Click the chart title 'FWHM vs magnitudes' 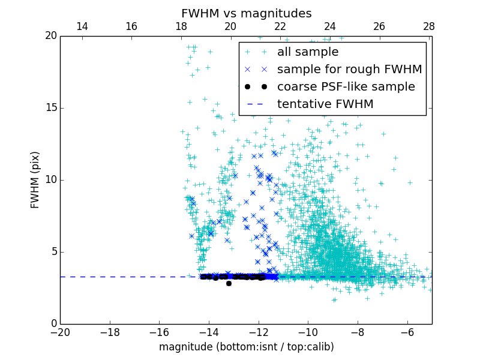(x=246, y=13)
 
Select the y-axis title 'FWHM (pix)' (x=35, y=179)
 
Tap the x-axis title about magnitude (x=246, y=347)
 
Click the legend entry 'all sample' (x=308, y=52)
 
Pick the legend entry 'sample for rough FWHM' (x=349, y=70)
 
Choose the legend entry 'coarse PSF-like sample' (x=346, y=87)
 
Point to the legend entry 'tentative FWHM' (x=325, y=104)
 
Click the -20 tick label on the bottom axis (x=60, y=332)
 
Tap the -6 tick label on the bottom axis (x=407, y=332)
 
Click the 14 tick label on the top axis (x=82, y=26)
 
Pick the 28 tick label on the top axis (x=429, y=26)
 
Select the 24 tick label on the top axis (x=330, y=26)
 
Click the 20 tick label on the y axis (x=50, y=36)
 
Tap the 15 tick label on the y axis (x=50, y=108)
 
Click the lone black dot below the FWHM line (x=229, y=283)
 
